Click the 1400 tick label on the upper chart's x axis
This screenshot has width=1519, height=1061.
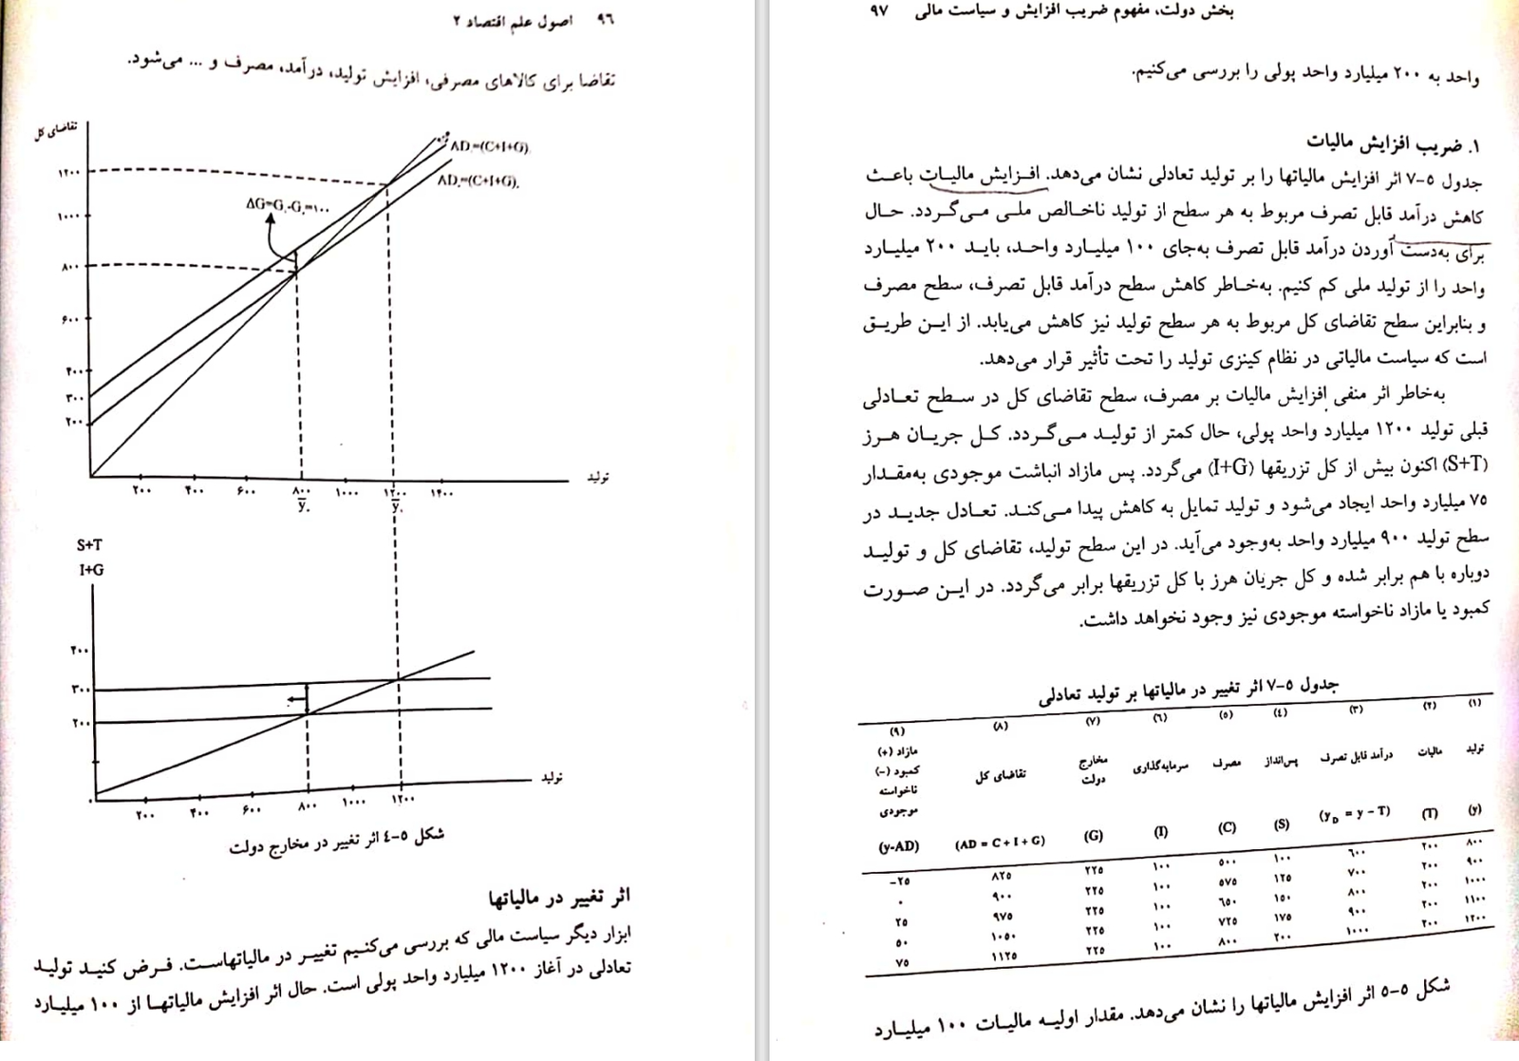(x=441, y=492)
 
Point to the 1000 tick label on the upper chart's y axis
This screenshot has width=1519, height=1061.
(x=69, y=217)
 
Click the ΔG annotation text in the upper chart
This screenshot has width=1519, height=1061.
(x=288, y=204)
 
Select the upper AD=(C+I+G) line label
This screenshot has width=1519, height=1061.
(x=490, y=147)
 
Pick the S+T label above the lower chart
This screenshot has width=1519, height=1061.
(x=89, y=545)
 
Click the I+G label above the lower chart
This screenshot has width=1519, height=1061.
(x=91, y=570)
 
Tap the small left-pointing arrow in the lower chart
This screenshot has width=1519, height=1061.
(x=297, y=701)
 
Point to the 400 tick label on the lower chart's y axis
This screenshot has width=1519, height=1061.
(x=80, y=651)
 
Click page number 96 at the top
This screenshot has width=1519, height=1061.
(x=605, y=20)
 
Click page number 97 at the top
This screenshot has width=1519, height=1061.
(x=879, y=11)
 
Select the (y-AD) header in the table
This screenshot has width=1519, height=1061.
(x=898, y=846)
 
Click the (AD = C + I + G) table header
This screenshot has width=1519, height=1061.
(x=1000, y=842)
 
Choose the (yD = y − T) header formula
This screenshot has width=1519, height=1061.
(x=1355, y=813)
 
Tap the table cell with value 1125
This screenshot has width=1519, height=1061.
(x=1004, y=956)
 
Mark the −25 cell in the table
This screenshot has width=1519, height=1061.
(x=899, y=881)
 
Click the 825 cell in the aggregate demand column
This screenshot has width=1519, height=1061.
(x=1001, y=875)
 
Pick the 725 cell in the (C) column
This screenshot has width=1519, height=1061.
(x=1227, y=921)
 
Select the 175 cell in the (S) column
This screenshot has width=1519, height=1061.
(x=1282, y=917)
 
